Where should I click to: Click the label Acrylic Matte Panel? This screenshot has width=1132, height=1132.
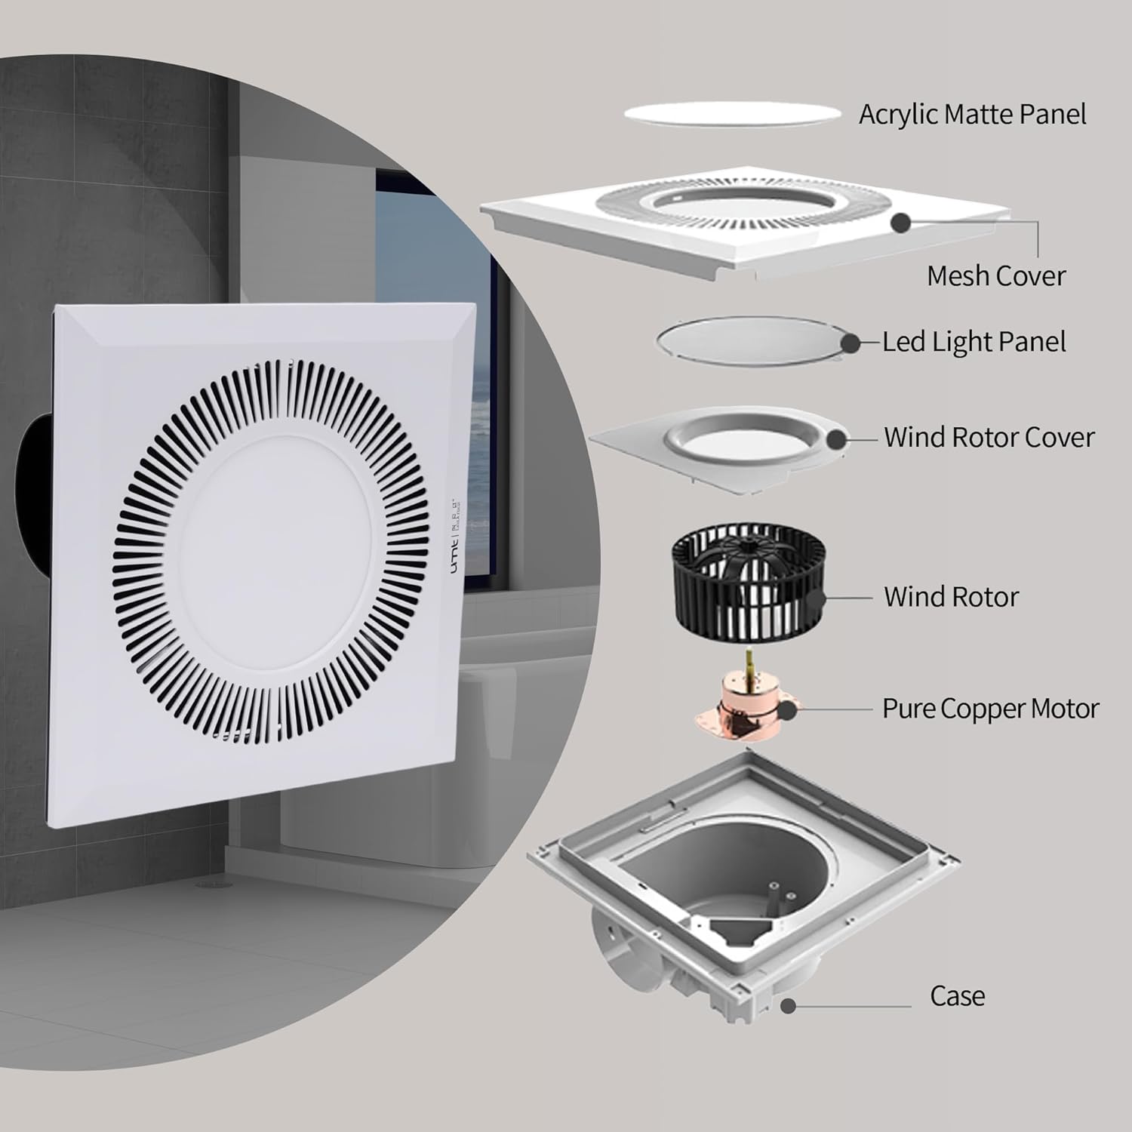point(972,115)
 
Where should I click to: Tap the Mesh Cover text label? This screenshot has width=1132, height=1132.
point(995,275)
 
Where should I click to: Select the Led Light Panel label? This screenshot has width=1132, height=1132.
point(974,342)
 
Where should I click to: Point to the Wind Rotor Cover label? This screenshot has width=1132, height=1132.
point(989,437)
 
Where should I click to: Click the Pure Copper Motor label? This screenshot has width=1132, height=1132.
point(990,709)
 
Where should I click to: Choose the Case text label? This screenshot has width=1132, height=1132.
point(957,996)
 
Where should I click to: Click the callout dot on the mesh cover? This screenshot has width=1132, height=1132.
point(900,223)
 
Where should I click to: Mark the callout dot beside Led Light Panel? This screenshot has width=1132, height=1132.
point(851,343)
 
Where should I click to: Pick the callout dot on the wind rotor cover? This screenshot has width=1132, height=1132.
point(836,438)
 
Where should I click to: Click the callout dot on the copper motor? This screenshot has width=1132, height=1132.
point(787,709)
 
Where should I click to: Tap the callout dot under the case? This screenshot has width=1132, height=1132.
point(789,1006)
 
